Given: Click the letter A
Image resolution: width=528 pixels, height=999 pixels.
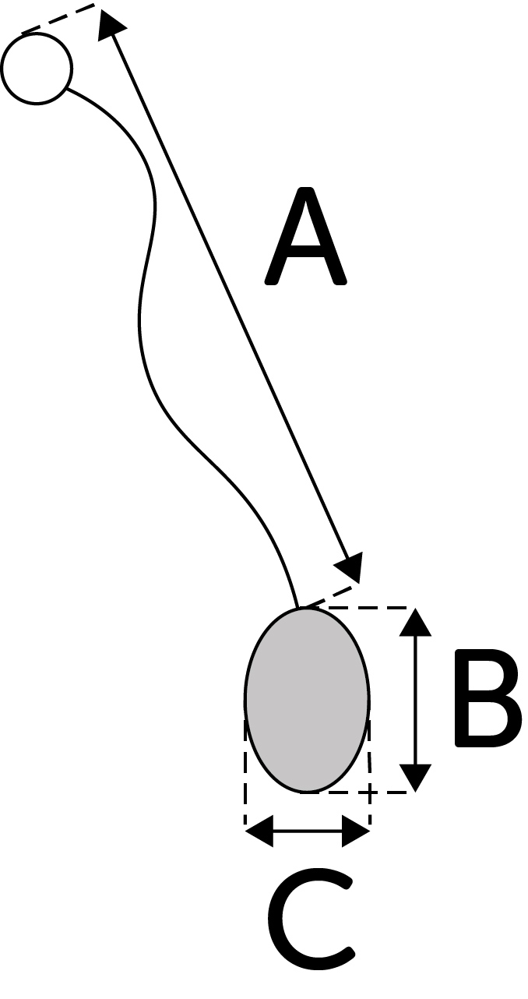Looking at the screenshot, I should tap(305, 238).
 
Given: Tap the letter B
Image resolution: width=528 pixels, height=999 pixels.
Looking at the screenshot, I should tap(485, 698).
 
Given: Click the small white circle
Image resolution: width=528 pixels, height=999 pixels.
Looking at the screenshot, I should tap(37, 68).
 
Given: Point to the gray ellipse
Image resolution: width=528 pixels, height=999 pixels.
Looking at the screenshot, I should tap(307, 699).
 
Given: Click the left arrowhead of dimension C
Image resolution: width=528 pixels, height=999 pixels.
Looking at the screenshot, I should tap(259, 831).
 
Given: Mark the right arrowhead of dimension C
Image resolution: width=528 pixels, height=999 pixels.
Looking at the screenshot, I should tap(357, 831).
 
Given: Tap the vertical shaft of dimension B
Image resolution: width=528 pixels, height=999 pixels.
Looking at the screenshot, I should tap(415, 699).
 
